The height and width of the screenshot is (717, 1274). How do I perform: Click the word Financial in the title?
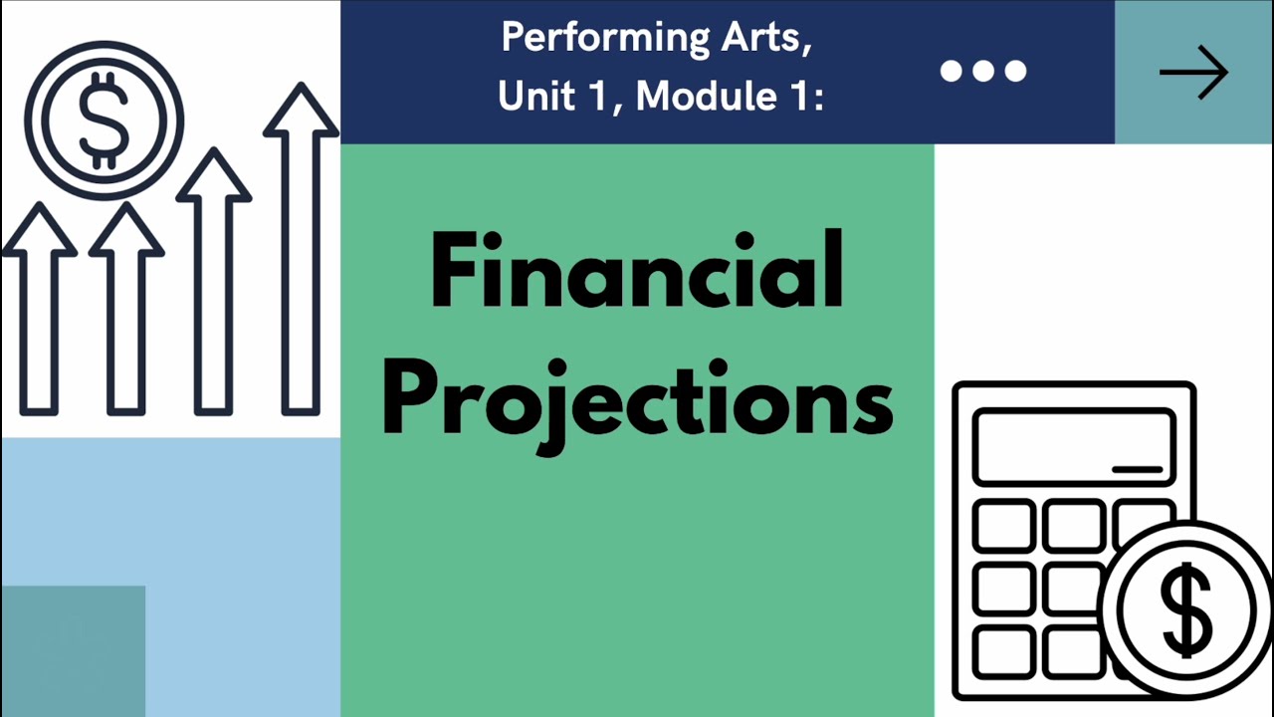tap(637, 271)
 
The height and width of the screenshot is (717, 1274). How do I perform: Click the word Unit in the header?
tap(536, 96)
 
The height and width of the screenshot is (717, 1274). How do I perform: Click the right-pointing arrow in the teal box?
tap(1193, 72)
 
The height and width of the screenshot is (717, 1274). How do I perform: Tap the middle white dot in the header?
tap(983, 71)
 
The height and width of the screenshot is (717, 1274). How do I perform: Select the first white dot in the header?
tap(952, 71)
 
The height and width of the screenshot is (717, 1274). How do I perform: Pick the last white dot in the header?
tap(1015, 71)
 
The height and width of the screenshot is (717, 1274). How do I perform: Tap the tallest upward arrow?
tap(301, 249)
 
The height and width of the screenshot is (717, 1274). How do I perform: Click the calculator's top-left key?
tap(1004, 526)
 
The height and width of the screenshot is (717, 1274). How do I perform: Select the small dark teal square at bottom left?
tap(73, 651)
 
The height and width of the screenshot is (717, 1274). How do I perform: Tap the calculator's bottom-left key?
tap(1004, 653)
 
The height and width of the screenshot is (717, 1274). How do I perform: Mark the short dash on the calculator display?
tap(1137, 468)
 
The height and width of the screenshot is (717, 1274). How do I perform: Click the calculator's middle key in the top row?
tap(1073, 526)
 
